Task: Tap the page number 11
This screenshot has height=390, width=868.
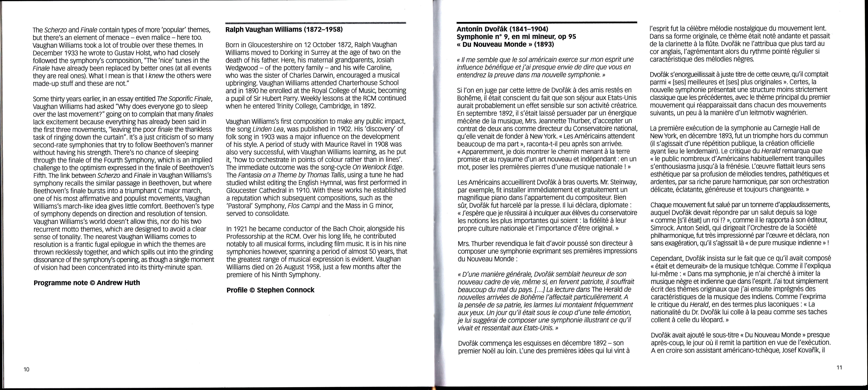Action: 839,367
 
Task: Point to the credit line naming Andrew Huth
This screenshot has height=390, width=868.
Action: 87,283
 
